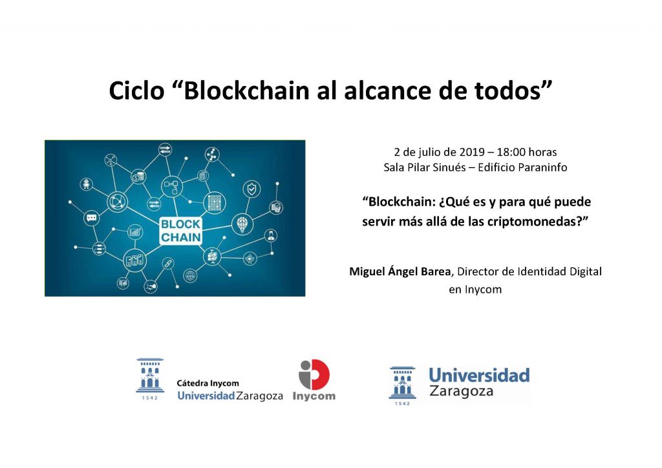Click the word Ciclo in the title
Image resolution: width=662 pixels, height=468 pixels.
coord(136,90)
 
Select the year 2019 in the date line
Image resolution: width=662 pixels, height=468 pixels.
coord(471,152)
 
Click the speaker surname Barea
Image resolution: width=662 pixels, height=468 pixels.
coord(436,271)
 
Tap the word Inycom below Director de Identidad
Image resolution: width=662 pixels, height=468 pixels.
coord(483,290)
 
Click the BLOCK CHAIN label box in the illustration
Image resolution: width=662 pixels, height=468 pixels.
coord(181,230)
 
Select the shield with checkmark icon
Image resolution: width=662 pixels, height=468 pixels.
coord(251,189)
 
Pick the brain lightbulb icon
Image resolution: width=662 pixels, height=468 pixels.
coord(242,224)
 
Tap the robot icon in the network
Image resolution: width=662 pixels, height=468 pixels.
coord(87,184)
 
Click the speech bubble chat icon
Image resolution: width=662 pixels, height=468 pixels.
coord(91,218)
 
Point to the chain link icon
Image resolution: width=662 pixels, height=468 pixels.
coord(168,264)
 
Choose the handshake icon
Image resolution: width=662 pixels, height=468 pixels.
coord(150,286)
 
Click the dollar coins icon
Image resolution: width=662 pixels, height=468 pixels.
coord(138,177)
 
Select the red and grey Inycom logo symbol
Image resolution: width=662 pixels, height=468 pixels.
coord(314,375)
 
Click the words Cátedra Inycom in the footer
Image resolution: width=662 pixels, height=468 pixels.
coord(208,383)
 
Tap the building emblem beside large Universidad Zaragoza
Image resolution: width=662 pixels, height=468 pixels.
coord(402,386)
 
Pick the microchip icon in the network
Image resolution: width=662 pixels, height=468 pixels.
coord(250,258)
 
